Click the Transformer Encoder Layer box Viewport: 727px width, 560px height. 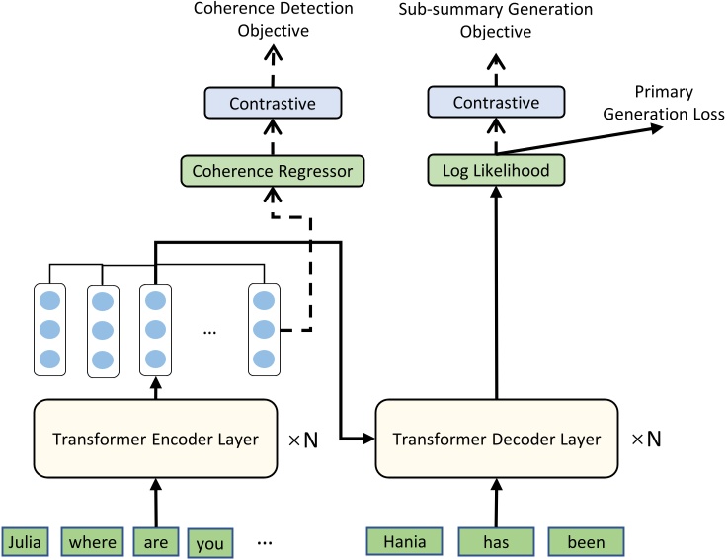155,439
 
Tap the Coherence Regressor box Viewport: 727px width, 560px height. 272,171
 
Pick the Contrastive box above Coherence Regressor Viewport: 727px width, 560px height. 272,103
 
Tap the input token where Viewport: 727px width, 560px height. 93,542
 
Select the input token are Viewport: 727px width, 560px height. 154,542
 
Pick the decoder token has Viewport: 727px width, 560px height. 495,542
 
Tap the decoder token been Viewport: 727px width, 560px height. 585,542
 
